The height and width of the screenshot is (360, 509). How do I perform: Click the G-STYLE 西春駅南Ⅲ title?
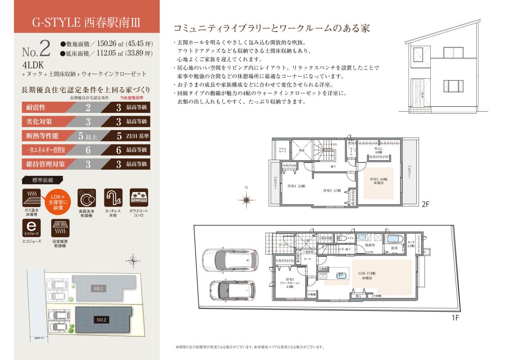[87, 21]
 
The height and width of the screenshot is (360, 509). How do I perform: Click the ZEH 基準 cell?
[137, 135]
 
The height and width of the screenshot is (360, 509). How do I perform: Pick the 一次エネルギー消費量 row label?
[44, 150]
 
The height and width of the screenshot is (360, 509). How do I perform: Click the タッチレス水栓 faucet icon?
[113, 198]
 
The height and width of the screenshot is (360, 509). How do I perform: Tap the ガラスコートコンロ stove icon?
[139, 198]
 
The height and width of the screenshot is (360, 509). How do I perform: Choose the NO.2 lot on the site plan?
[101, 320]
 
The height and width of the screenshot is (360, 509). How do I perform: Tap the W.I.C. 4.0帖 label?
[378, 150]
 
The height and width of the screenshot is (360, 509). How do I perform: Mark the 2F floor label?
[426, 203]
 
